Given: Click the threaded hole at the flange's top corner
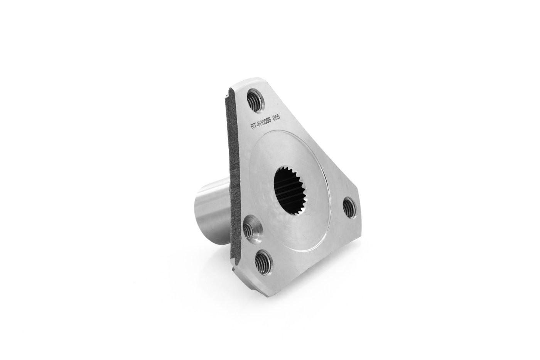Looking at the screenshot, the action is click(256, 100).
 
